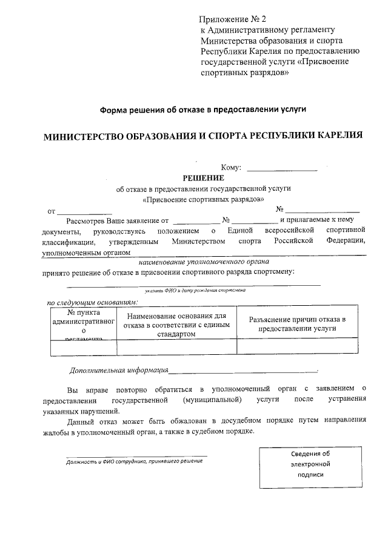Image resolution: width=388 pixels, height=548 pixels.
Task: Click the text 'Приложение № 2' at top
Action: pos(233,20)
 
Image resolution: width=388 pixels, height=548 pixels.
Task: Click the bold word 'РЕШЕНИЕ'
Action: pos(204,177)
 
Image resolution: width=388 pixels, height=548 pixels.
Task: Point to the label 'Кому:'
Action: pos(232,168)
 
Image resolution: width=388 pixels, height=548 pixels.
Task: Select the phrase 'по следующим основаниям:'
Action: pos(93,302)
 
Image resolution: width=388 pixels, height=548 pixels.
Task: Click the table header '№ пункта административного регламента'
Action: pos(83,325)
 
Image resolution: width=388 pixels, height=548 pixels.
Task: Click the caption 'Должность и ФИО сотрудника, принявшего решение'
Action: pos(135,461)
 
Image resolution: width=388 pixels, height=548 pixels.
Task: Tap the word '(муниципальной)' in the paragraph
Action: pos(212,400)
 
